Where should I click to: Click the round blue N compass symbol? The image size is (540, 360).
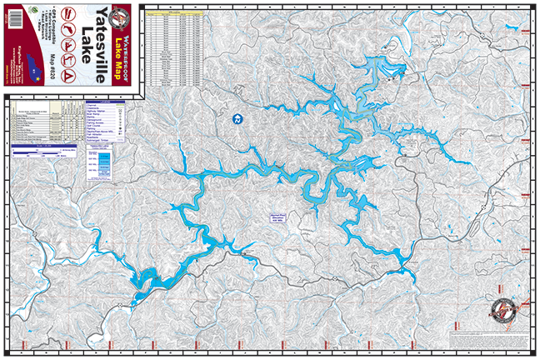tap(237, 119)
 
